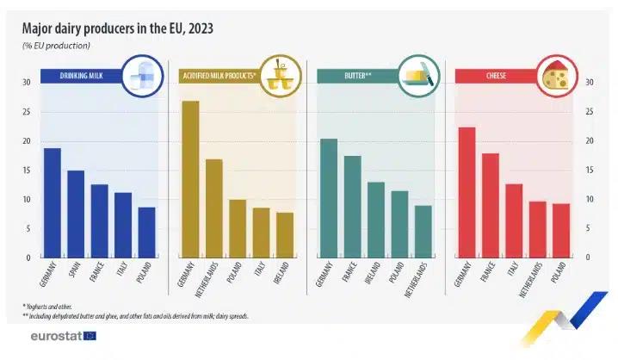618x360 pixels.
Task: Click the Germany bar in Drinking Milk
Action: (52, 203)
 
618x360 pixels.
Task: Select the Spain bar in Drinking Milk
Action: (76, 214)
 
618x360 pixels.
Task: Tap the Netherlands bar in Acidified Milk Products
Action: (214, 208)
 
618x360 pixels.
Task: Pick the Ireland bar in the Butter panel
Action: (376, 220)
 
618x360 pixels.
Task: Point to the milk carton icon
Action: (141, 76)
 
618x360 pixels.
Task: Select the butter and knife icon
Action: (418, 76)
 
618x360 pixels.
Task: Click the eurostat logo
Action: (62, 336)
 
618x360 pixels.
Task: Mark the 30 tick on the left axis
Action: (27, 83)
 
